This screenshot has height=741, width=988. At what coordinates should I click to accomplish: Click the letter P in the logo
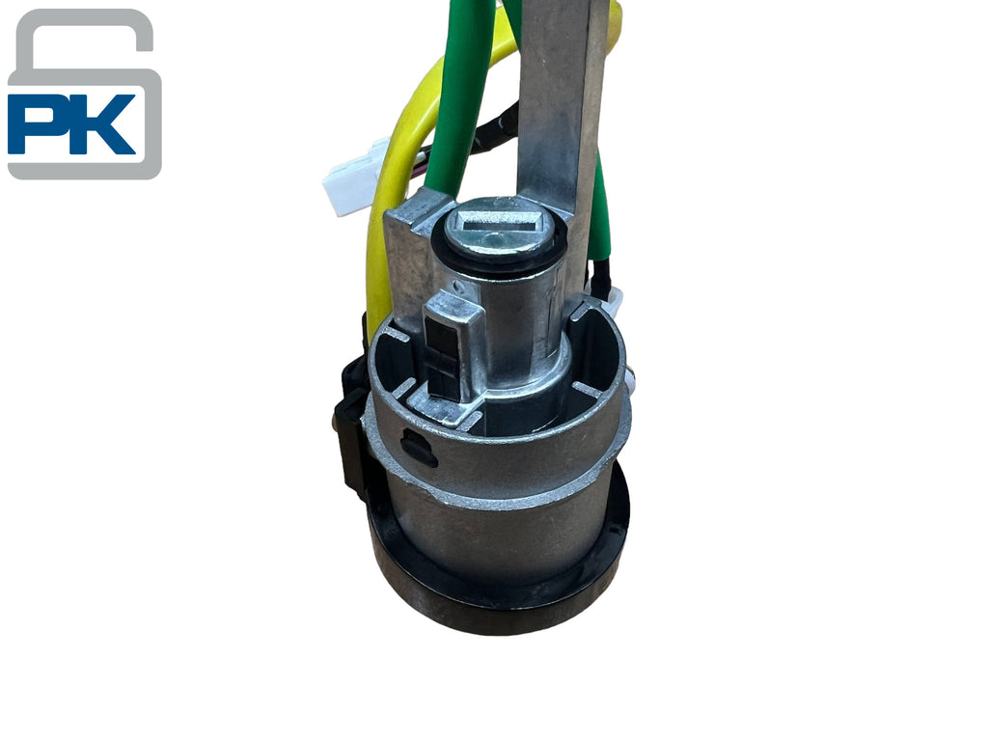coord(38,124)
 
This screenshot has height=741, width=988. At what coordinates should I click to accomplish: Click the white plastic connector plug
coord(354,178)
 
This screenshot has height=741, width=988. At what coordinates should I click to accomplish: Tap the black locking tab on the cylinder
coord(442,356)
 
